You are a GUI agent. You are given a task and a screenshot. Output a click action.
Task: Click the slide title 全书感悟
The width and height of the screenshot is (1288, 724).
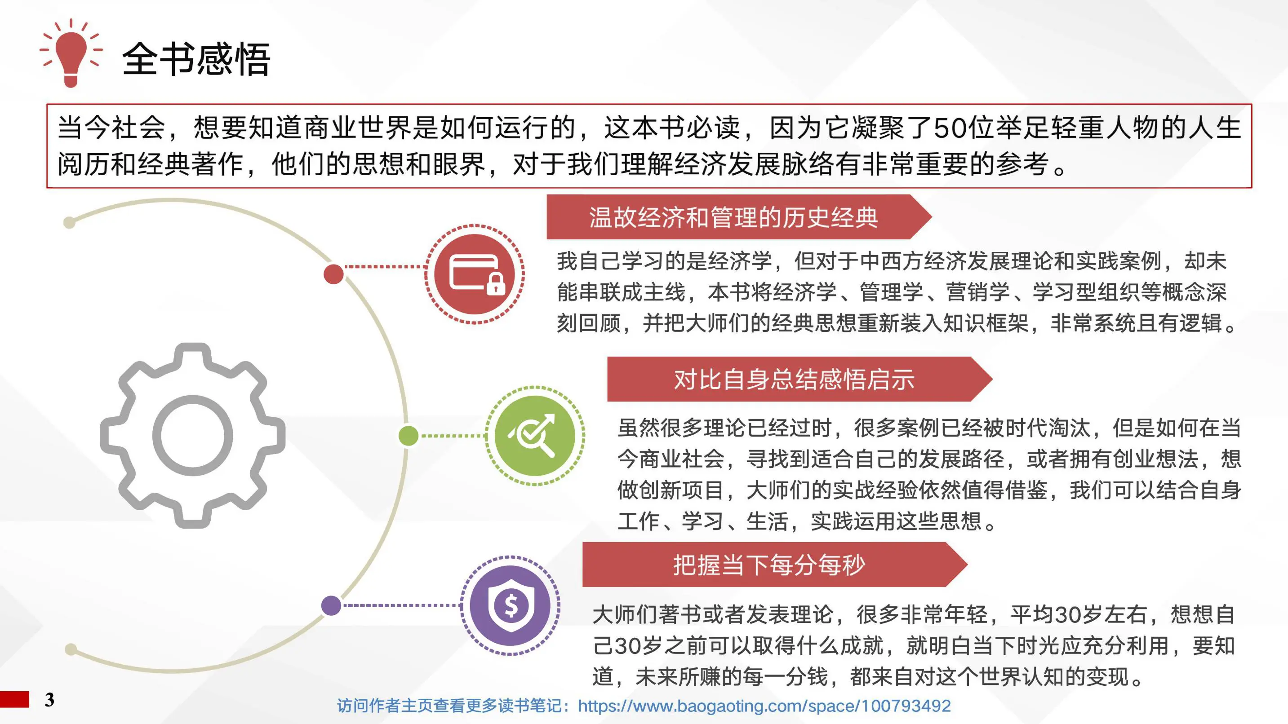coord(196,59)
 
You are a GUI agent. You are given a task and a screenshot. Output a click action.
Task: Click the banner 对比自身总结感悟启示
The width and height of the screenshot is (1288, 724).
coord(794,379)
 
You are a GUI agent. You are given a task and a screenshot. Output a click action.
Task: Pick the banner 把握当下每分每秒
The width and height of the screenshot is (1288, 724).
coord(769,565)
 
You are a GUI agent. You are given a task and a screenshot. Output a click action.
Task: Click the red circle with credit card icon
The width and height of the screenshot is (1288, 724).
coord(475,274)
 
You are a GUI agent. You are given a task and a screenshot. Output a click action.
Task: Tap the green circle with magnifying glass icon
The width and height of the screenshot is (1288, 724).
coord(534,435)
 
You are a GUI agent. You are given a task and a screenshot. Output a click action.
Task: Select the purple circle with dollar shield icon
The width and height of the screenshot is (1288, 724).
coord(510,605)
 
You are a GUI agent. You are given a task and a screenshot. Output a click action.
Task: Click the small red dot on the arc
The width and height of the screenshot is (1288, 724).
coord(333,274)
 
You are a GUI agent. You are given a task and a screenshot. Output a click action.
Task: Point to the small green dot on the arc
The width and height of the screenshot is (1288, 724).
coord(409,436)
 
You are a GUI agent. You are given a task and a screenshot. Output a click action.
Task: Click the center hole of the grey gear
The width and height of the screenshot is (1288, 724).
coord(192,435)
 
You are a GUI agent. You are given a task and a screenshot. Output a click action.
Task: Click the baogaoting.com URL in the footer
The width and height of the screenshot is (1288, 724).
coord(764,706)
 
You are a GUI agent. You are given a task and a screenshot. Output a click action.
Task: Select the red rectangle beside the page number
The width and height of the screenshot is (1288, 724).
coord(14,699)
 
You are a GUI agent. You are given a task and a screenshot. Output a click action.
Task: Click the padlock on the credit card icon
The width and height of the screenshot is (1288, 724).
coord(496,285)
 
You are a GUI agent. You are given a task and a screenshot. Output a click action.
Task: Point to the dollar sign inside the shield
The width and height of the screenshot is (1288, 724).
coord(511,605)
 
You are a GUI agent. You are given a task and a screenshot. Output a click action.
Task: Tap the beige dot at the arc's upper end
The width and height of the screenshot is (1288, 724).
coord(70,222)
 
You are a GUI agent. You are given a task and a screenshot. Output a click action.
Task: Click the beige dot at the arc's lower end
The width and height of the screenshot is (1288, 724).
coord(71,649)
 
